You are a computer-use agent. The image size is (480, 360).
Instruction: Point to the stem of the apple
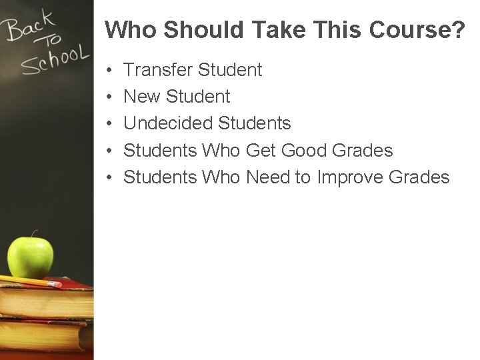35,234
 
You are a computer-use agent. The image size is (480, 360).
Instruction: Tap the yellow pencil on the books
30,281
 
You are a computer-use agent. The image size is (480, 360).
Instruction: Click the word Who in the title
131,29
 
